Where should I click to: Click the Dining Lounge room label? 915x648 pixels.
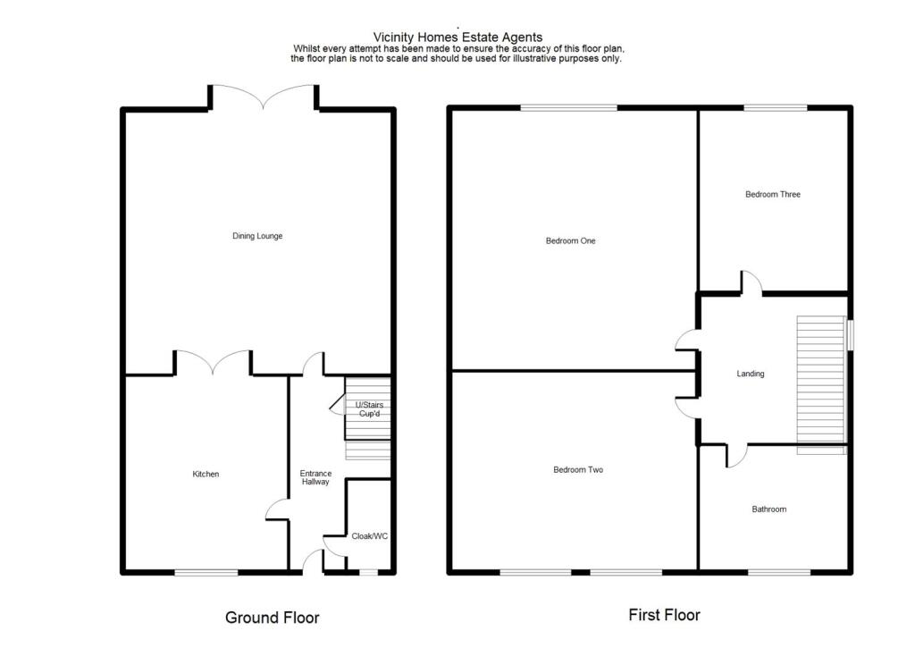coord(257,236)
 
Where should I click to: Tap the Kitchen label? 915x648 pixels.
coord(206,474)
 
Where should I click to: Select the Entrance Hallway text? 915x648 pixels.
coord(315,477)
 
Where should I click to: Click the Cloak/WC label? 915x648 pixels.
coord(369,536)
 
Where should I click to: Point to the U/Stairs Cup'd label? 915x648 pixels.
coord(369,409)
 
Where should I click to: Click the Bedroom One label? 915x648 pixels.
coord(570,240)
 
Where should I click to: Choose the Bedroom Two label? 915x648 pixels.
coord(577,469)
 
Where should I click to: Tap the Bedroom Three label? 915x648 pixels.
coord(772,194)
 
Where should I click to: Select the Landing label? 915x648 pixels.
coord(750,374)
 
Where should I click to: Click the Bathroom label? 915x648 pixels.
coord(768,509)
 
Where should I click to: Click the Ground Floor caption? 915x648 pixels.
coord(272,617)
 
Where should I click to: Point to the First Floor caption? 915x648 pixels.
coord(664,615)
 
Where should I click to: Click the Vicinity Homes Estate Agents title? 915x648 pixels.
coord(457,37)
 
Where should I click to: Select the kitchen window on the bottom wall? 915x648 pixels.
coord(206,572)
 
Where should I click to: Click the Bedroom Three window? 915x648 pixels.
coord(776,108)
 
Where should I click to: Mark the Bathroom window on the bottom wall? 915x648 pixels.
coord(779,571)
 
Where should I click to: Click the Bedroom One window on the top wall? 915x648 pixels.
coord(569,108)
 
